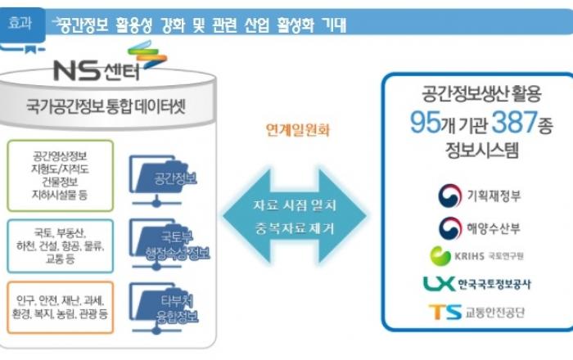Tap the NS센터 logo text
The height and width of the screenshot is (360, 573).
tap(97, 70)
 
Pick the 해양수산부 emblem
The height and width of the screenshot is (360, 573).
tap(449, 226)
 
